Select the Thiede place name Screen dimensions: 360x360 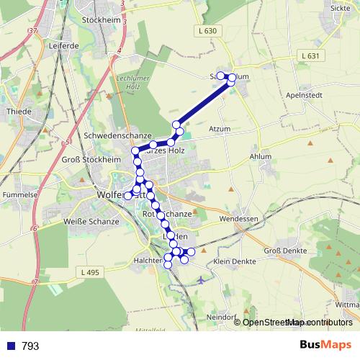pos(17,112)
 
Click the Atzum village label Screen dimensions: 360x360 pos(219,129)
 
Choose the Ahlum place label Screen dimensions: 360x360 pos(260,156)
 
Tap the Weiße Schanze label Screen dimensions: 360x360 pos(91,221)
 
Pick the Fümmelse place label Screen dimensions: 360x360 pos(19,195)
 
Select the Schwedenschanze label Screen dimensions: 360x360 pos(117,135)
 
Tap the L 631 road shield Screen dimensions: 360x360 pos(310,55)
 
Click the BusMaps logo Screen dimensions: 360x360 pos(325,346)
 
